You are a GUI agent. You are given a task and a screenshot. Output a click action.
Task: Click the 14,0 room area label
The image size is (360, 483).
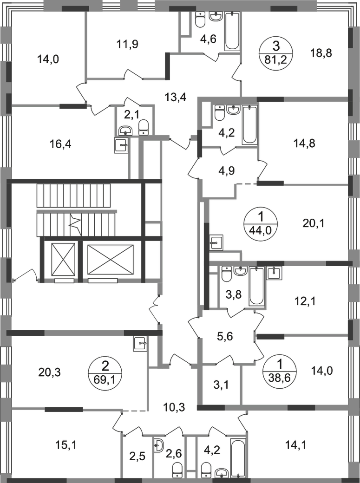click(x=46, y=59)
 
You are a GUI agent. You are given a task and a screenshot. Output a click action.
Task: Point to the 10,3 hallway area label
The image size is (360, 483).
click(x=175, y=408)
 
